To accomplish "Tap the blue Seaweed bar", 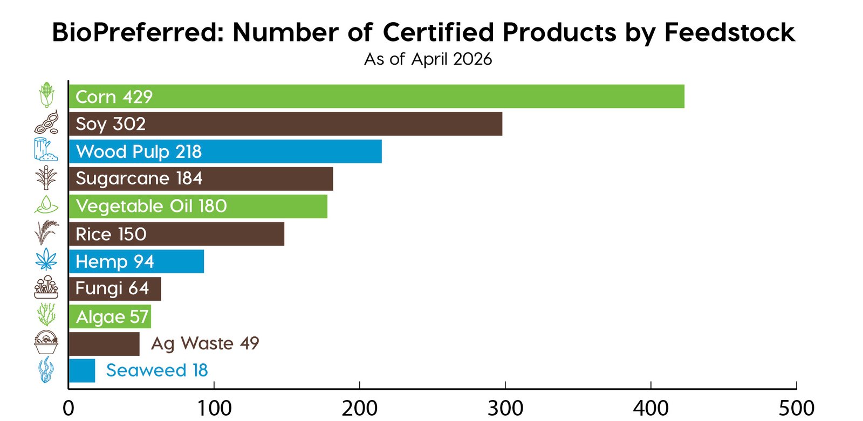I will tap(82, 370).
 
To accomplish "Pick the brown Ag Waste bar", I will tap(104, 343).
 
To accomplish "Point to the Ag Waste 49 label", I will tap(205, 343).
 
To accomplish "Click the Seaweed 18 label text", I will tap(156, 370).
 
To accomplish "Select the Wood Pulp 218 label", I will tap(139, 151).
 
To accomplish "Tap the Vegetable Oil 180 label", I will tap(151, 206).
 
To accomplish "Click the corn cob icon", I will tap(47, 95).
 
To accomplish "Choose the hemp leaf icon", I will tap(46, 259).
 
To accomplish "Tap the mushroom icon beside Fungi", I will tap(46, 287).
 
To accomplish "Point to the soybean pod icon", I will tap(46, 123).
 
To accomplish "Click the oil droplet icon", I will tap(46, 205).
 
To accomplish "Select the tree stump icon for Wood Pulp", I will tap(45, 150).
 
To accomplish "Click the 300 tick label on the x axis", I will tap(505, 408).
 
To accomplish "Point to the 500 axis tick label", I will tap(797, 408).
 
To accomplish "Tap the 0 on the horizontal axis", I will tap(69, 408).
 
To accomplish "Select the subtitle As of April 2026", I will tap(428, 59).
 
